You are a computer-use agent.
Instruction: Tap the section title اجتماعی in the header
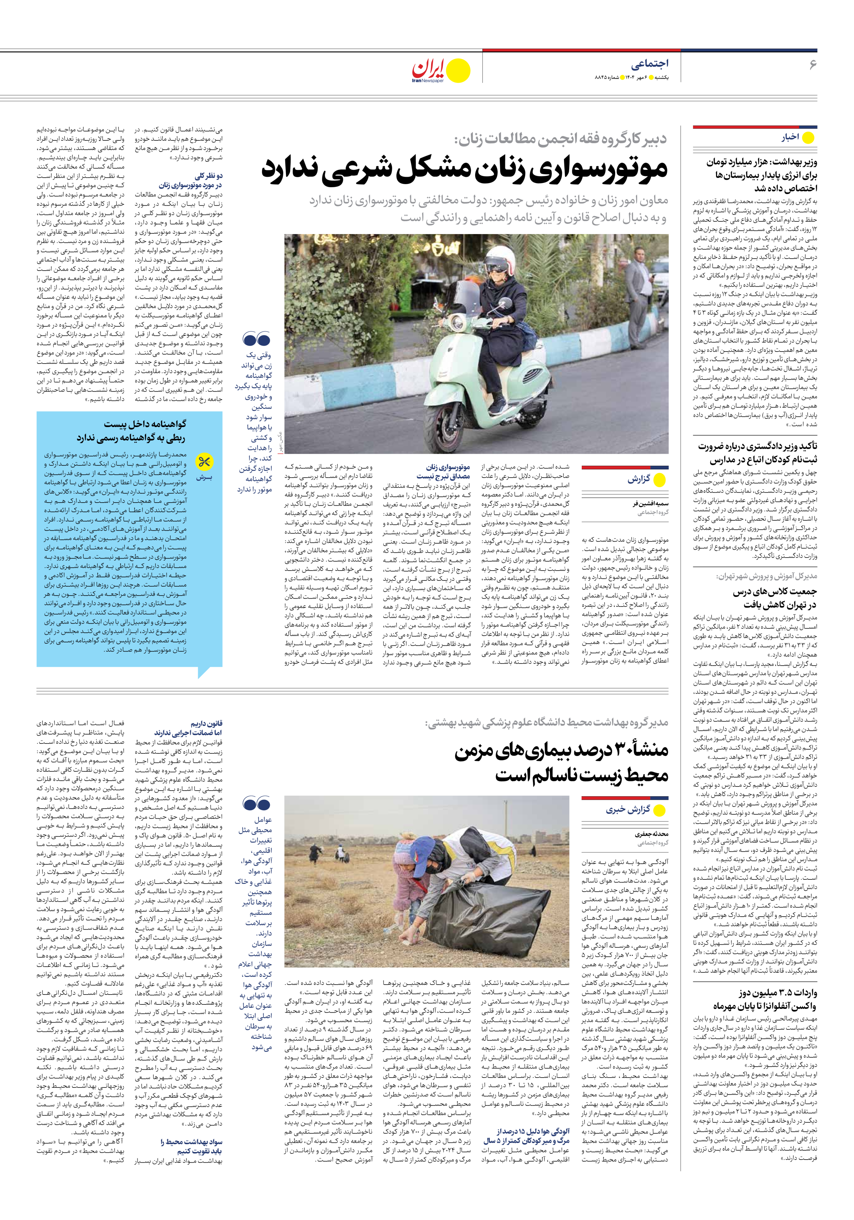(x=649, y=64)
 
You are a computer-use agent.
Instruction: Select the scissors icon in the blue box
(x=204, y=463)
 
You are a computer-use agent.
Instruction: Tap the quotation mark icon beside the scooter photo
(x=256, y=339)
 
